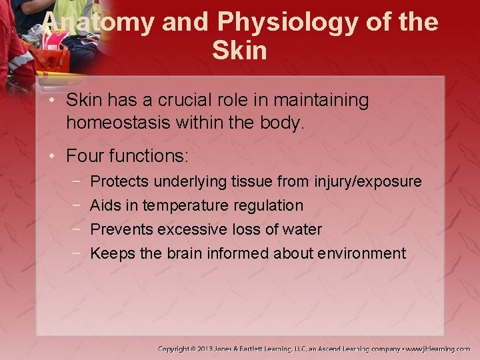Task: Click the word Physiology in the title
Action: tap(289, 23)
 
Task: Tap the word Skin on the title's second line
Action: tap(239, 51)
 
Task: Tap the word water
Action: tap(302, 229)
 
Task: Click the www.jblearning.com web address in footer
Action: tap(438, 349)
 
